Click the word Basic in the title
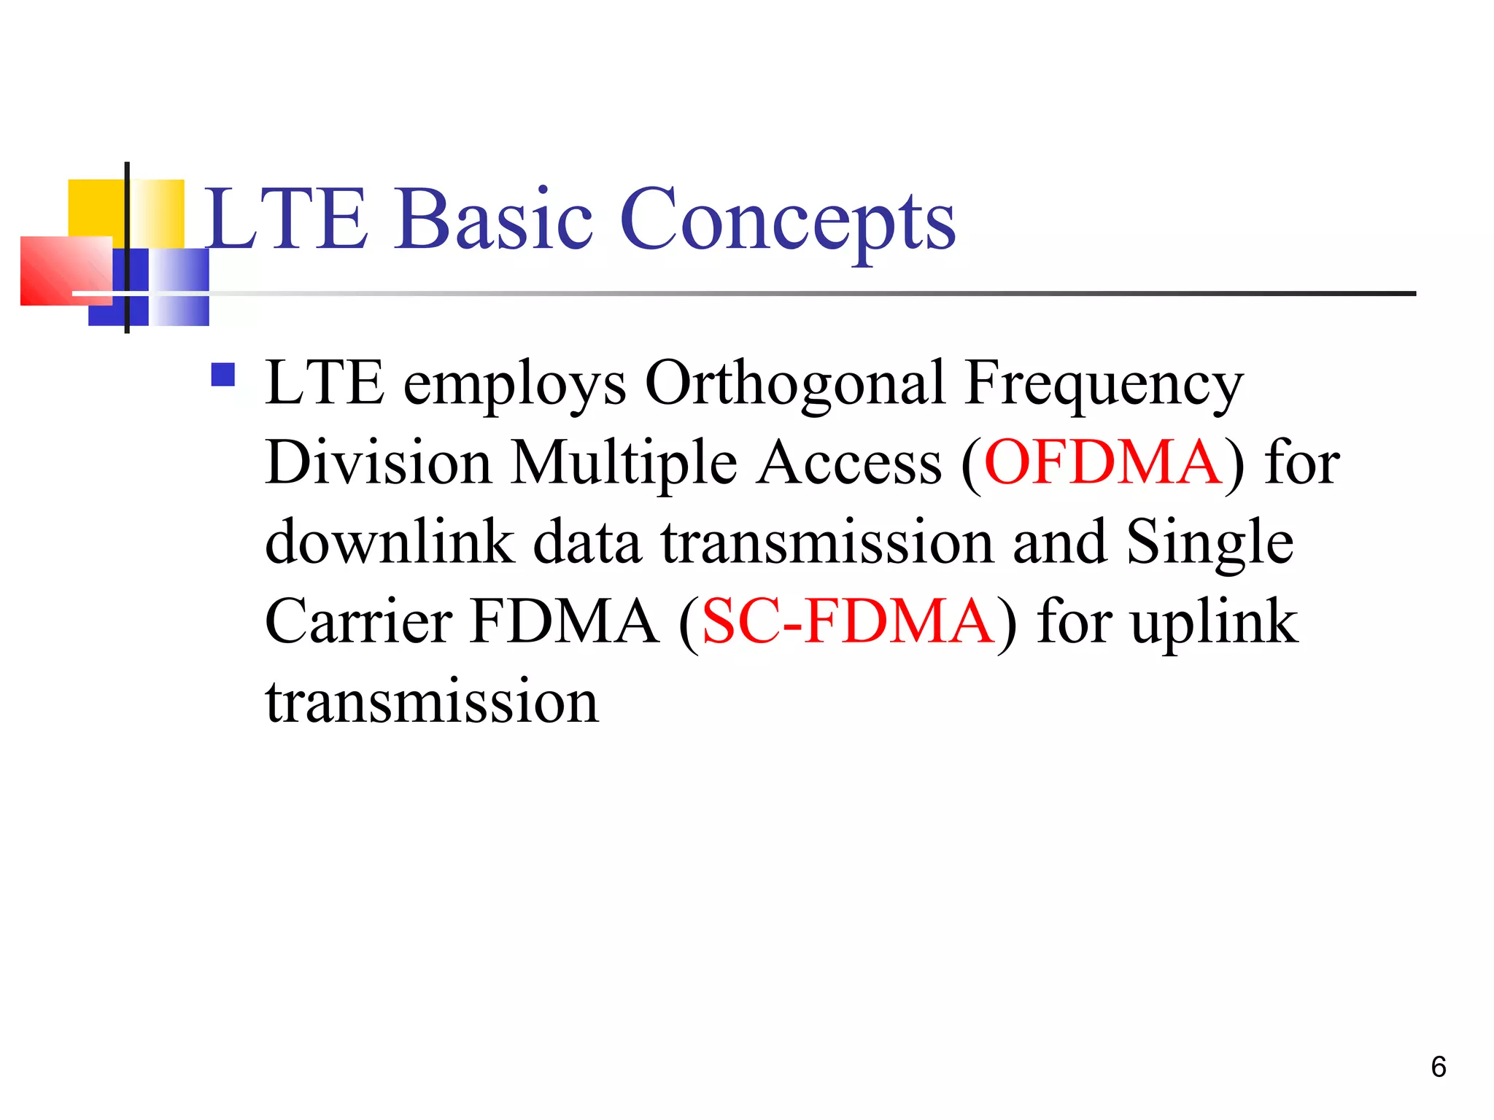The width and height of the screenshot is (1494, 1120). (x=494, y=219)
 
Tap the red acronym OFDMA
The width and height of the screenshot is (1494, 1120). (x=1103, y=462)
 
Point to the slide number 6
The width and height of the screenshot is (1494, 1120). (x=1439, y=1067)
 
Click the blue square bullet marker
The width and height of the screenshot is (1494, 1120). (x=223, y=375)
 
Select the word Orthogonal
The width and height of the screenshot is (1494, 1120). (x=795, y=384)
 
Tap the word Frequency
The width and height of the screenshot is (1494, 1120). (x=1103, y=384)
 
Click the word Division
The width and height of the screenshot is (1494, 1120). (x=378, y=462)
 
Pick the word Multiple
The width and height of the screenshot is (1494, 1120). (x=624, y=462)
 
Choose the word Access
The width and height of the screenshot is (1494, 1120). (x=848, y=462)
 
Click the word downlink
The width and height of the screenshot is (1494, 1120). (x=390, y=542)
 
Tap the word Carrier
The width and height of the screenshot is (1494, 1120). (x=359, y=621)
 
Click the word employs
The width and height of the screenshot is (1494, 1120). (x=514, y=385)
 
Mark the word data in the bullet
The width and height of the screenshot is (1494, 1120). (x=587, y=542)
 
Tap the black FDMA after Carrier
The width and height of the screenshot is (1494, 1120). (x=564, y=621)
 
